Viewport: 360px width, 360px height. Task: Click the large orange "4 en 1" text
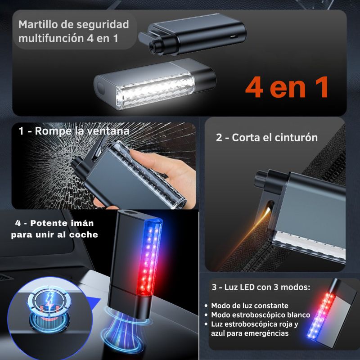pos(287,88)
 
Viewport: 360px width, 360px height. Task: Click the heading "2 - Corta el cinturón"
pos(267,137)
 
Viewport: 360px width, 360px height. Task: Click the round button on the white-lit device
pos(100,86)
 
